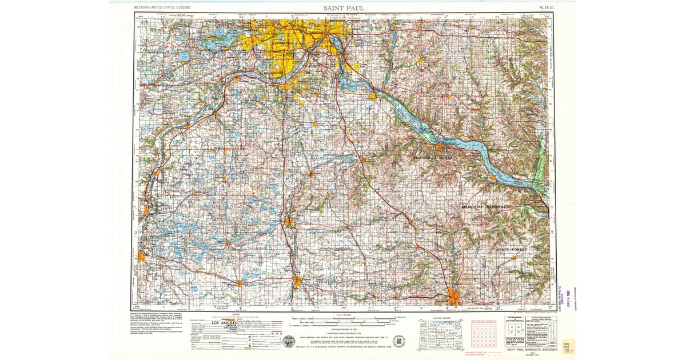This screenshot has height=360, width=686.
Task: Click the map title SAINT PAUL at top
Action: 343,7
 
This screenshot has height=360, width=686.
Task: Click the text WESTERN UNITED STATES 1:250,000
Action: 163,8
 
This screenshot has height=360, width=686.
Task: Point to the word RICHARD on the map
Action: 424,157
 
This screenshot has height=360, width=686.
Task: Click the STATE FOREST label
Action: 511,250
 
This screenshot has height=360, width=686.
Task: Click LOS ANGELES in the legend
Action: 227,323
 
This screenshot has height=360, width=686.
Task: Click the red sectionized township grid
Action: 484,334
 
